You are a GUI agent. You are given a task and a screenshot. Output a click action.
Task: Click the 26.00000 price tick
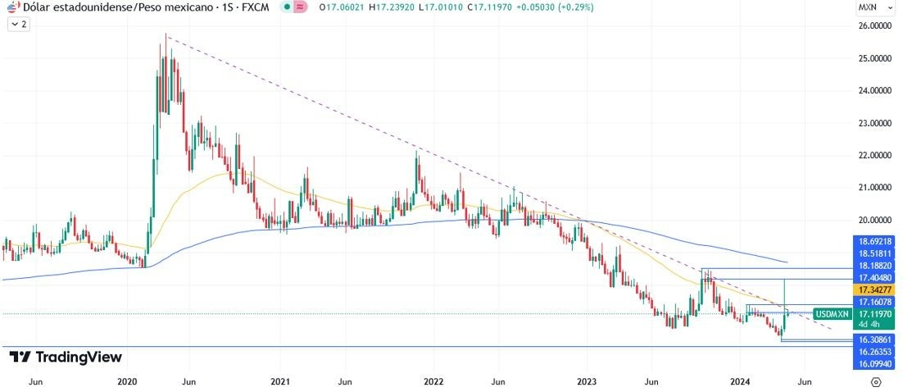tap(874, 26)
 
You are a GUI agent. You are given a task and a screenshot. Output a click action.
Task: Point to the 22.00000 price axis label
tap(874, 155)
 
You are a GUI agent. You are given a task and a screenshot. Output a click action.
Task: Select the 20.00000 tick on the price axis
tap(874, 220)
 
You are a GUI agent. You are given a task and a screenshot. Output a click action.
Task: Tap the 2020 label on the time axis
tap(127, 381)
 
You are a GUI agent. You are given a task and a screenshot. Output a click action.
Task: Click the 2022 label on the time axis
tap(433, 381)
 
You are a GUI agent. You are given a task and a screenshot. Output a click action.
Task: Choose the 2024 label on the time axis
tap(740, 381)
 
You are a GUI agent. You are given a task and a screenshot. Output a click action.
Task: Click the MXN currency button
tap(867, 7)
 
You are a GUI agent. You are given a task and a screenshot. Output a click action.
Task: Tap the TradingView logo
tap(66, 357)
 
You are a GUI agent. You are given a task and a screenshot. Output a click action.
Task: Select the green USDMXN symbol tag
tap(833, 314)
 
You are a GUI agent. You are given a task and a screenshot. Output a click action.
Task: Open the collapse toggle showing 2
tap(18, 25)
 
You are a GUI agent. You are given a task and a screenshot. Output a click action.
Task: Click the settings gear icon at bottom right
tap(875, 382)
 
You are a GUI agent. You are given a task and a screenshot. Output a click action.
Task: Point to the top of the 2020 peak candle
tap(166, 35)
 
